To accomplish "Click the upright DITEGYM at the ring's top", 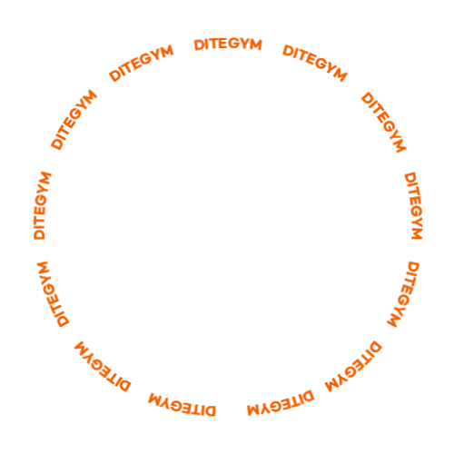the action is tap(228, 44).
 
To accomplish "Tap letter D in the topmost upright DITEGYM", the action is tap(199, 45).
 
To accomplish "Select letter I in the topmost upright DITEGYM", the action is tap(208, 44).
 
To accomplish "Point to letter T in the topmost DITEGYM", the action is tap(215, 44).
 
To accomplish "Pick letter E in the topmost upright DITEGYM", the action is tap(225, 44).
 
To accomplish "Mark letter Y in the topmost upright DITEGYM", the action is tap(245, 44).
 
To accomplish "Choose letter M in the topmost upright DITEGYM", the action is tap(256, 44).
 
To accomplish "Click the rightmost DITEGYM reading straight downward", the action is tap(413, 206).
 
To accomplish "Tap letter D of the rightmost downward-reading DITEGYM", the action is tap(410, 177).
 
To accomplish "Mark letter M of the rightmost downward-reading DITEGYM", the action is tap(417, 233).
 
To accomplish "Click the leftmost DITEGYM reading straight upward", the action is tap(43, 206).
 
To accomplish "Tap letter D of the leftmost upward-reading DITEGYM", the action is tap(39, 234).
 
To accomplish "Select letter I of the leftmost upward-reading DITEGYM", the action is tap(40, 226).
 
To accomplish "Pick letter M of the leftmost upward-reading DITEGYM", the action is tap(45, 178).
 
